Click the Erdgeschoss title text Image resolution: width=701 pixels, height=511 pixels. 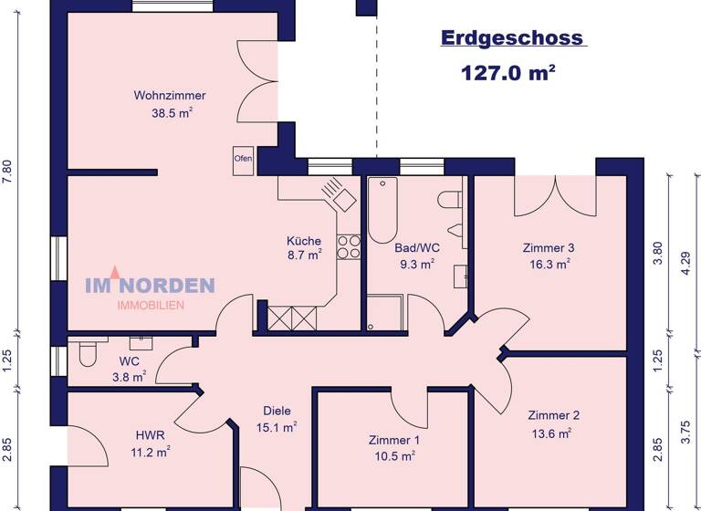coord(512,38)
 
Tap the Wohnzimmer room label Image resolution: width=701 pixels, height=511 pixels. coord(170,95)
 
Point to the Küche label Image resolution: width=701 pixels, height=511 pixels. coord(304,241)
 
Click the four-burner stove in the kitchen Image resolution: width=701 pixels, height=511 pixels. coord(349,247)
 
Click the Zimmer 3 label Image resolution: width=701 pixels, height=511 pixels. coord(549,247)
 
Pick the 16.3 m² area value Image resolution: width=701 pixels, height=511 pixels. coord(549,263)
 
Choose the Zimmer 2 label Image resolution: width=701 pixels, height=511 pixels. coord(553,415)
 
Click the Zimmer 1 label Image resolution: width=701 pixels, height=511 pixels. coord(394,439)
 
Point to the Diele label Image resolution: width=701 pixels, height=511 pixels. coord(276,410)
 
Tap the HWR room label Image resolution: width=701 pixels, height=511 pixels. coord(150,435)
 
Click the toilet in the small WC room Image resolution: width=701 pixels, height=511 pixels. coord(88,353)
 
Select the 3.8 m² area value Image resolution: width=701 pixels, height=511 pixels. coord(129,376)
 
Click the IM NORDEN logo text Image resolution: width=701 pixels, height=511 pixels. coord(150,286)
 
